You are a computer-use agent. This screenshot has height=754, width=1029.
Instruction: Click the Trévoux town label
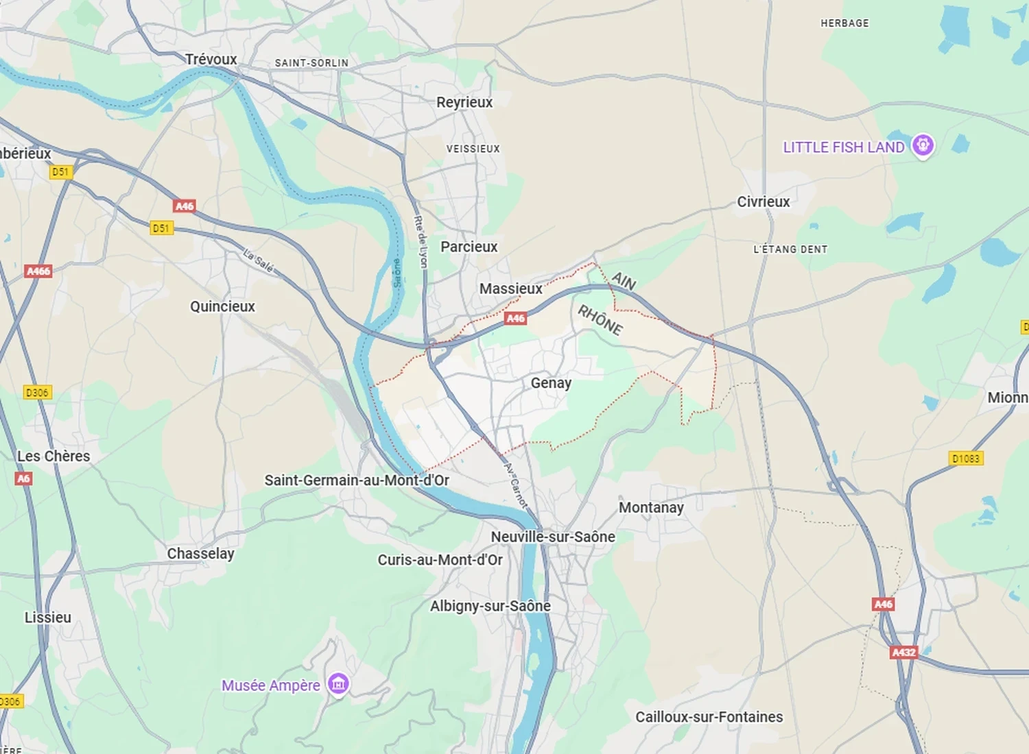211,60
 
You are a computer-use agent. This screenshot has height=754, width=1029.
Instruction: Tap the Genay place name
551,383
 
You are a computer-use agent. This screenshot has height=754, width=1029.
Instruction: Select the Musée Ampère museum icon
338,683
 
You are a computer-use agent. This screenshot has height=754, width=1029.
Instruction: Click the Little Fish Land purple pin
923,145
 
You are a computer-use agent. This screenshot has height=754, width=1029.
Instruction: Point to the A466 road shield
38,271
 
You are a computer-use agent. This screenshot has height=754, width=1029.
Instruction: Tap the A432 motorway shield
903,652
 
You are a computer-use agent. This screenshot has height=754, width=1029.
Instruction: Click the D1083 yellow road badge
966,459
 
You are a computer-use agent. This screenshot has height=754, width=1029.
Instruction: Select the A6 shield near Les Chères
23,478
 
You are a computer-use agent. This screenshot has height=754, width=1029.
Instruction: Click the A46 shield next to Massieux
515,318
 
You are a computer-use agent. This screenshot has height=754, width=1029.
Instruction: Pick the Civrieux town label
763,202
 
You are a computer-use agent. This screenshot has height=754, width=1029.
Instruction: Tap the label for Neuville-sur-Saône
553,537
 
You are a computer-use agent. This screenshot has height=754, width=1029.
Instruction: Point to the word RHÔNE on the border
600,320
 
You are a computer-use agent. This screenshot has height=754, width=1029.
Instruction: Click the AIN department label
624,281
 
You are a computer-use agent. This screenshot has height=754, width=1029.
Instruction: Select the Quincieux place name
222,306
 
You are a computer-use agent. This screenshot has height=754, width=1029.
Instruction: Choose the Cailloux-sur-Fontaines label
709,717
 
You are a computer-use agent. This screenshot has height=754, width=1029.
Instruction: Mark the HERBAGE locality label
844,23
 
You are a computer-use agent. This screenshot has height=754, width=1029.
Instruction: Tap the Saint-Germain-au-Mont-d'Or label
357,481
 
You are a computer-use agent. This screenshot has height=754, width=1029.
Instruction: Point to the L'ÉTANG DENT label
790,250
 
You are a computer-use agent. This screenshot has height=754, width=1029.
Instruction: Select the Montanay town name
651,508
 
